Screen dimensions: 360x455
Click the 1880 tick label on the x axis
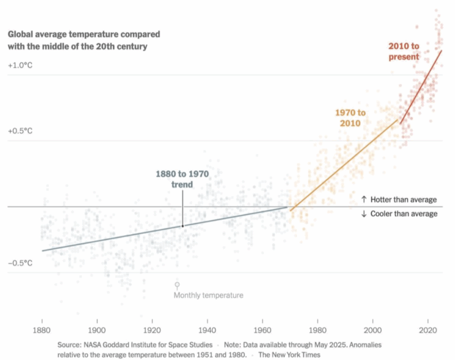[x=42, y=329]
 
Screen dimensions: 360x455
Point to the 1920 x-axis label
[x=152, y=329]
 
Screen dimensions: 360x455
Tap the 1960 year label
[x=262, y=329]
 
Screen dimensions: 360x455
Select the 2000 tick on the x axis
[x=373, y=329]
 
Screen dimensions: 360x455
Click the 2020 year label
[x=428, y=329]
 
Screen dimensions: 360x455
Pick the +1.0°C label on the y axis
[x=20, y=66]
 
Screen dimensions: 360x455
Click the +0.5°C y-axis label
[x=20, y=131]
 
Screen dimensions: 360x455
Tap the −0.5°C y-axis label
[x=20, y=263]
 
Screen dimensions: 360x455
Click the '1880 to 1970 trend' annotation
[x=182, y=179]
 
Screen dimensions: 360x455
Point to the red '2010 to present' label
[x=403, y=51]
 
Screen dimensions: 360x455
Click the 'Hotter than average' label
[x=399, y=199]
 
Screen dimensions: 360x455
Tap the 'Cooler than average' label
[x=399, y=214]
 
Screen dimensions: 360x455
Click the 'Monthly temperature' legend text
[x=208, y=295]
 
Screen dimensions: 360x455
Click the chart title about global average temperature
[x=84, y=40]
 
